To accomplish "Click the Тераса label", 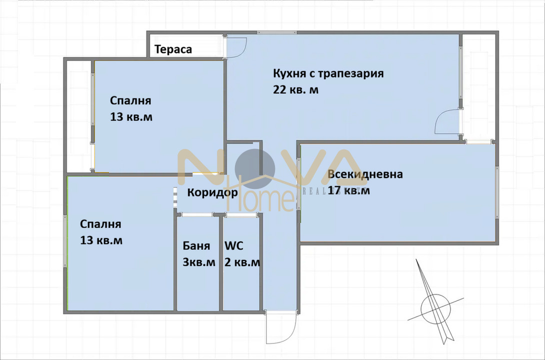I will tap(173, 49).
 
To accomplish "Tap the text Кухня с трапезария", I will tap(328, 73).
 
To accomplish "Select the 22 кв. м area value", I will tap(295, 90).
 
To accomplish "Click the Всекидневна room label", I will tap(365, 174).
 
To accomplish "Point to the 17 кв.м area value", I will tap(349, 190).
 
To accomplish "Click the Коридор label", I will tap(212, 192).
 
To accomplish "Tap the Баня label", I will tap(196, 246).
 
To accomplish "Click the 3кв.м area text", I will tap(198, 262).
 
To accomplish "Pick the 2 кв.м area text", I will tap(242, 262).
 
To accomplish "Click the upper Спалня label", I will tap(130, 100).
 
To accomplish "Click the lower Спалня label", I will tap(100, 224).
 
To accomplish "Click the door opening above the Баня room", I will tap(196, 214).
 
